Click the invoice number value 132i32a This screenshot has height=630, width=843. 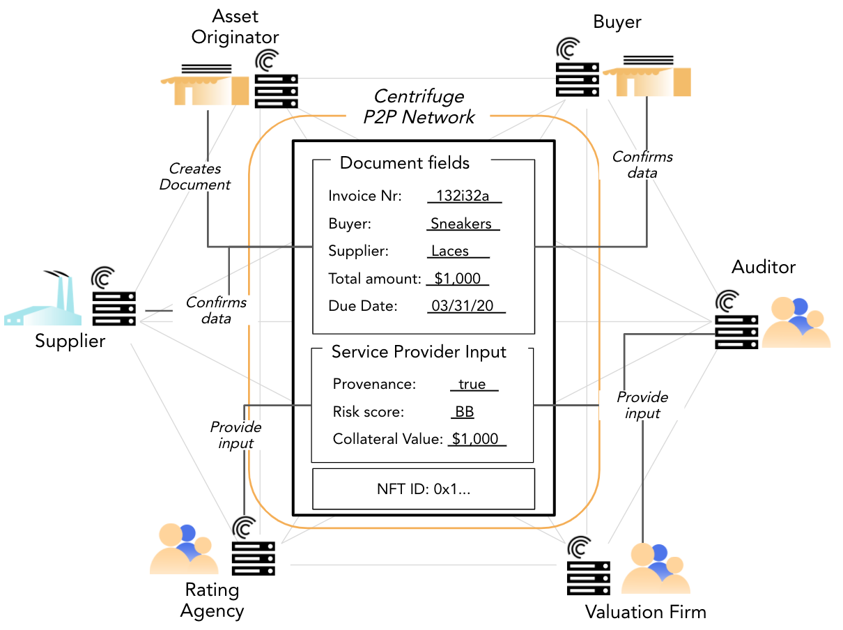tap(464, 196)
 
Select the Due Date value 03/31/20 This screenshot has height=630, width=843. tap(465, 306)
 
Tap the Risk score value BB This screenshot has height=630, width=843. tap(464, 412)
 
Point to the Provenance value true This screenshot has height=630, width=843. tap(474, 384)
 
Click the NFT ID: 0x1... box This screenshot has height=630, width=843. tap(423, 489)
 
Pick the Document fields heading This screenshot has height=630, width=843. tap(405, 163)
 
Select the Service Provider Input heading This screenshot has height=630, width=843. tap(419, 352)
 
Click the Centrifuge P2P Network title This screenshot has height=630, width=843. tap(419, 107)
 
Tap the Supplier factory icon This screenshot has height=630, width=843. tap(42, 300)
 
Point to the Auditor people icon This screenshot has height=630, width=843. tap(796, 322)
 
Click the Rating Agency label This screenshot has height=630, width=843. tap(212, 601)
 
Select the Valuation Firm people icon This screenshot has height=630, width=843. tap(656, 568)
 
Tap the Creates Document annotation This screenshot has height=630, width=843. tap(195, 176)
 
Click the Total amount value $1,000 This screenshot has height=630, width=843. tap(458, 279)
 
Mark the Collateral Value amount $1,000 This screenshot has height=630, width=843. tap(475, 439)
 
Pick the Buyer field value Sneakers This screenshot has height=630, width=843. tap(461, 224)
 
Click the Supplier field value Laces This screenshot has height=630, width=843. tap(450, 251)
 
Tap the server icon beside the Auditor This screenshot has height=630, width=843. tap(736, 321)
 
